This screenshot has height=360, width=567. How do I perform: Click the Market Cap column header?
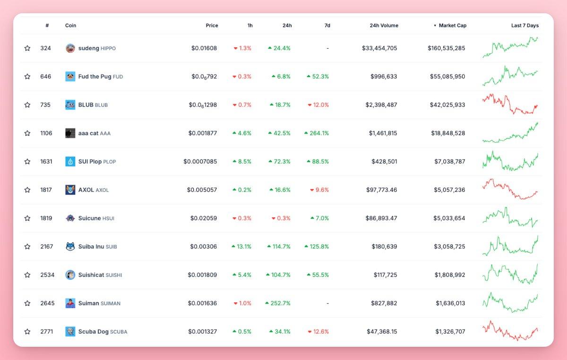452,26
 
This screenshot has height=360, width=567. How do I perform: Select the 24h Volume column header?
384,26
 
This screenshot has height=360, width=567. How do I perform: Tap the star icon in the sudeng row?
27,48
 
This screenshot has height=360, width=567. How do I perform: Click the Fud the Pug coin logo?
70,77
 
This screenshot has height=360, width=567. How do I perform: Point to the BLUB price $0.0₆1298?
203,105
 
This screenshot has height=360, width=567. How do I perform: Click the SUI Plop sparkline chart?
510,161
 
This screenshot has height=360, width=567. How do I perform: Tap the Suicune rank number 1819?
46,218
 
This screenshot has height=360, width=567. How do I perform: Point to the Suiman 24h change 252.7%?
278,303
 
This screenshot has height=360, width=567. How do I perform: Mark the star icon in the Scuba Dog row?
27,332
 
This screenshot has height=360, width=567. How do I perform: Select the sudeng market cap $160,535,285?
447,48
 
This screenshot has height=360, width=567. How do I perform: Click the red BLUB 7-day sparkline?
510,104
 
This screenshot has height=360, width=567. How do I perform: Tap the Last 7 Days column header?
524,26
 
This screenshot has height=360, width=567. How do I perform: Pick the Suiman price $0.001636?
202,303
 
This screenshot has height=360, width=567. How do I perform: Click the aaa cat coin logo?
70,133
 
